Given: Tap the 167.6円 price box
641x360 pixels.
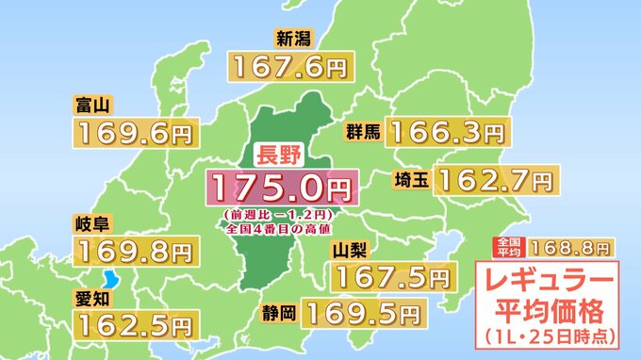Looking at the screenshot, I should point(286,66).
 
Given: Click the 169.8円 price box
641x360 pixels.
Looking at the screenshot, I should point(135,253).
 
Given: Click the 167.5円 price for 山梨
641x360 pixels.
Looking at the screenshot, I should point(388,278).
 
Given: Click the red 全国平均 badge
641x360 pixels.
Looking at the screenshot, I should point(506,247).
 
